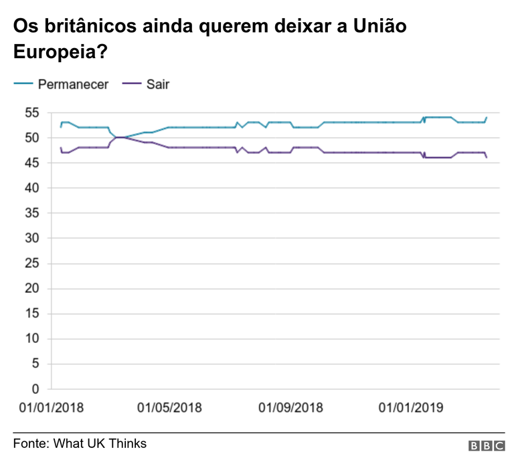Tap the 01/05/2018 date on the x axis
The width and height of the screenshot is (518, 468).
169,407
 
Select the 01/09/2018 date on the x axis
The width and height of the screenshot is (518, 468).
290,407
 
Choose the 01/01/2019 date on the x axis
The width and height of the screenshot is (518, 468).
412,407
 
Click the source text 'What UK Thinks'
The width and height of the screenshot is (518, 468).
100,443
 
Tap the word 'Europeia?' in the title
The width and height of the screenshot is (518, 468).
61,51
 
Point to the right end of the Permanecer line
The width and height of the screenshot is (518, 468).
487,118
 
